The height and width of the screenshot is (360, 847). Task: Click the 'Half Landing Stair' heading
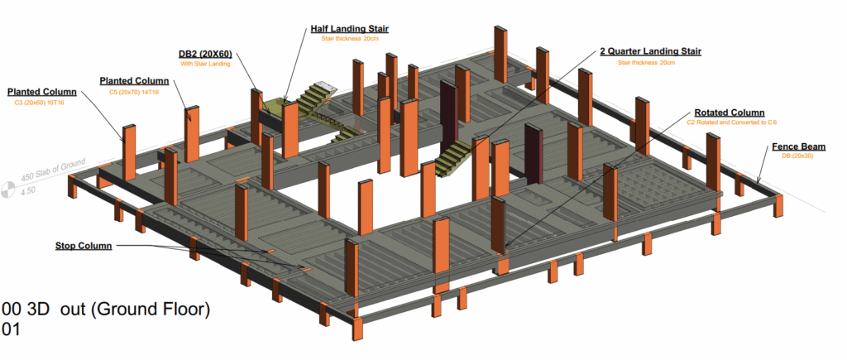[349, 29]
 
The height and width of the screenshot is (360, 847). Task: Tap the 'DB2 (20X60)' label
[205, 53]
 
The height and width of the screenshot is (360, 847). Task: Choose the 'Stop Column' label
[84, 246]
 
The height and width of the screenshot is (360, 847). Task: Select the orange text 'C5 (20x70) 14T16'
[134, 92]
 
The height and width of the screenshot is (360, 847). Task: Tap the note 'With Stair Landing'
[204, 64]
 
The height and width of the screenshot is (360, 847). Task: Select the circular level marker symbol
[8, 190]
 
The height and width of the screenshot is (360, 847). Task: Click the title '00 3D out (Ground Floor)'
[106, 310]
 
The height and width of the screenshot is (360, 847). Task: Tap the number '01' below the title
[11, 329]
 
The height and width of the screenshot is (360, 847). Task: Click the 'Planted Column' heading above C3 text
[41, 91]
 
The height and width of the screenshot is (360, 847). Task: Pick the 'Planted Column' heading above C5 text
[134, 81]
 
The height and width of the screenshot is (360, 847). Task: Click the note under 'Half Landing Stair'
[349, 39]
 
